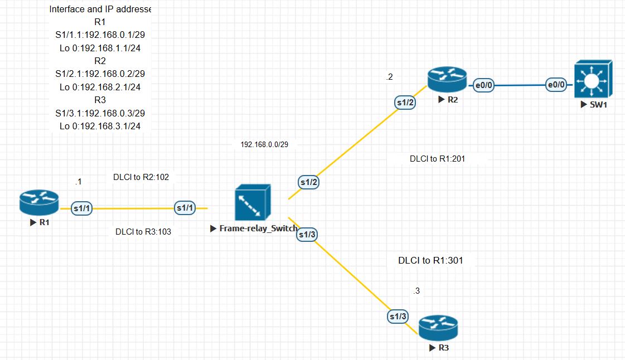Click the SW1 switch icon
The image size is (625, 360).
[593, 79]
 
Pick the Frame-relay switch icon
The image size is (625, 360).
[253, 202]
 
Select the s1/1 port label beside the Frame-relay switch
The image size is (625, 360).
[185, 208]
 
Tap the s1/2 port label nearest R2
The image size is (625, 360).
[405, 102]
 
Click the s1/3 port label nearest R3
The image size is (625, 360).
[398, 317]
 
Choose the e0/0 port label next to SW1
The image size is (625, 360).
[556, 85]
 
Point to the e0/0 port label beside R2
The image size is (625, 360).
[483, 85]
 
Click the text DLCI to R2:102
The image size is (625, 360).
[141, 177]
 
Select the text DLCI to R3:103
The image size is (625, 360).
[143, 231]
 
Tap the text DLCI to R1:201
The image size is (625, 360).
[437, 158]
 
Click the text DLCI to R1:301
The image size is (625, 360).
[430, 260]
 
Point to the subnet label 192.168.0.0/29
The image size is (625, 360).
[264, 144]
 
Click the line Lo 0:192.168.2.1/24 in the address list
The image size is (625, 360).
[100, 86]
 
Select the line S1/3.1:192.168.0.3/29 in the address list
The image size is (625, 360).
[100, 113]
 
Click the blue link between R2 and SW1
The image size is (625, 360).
[519, 86]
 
